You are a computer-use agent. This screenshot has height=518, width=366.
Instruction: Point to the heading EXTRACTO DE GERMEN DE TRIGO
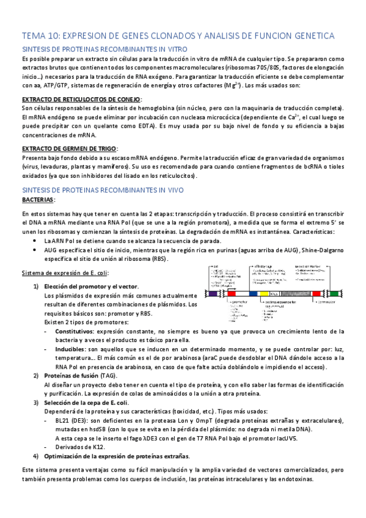(70, 148)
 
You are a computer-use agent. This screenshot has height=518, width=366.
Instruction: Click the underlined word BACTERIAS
(38, 200)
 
